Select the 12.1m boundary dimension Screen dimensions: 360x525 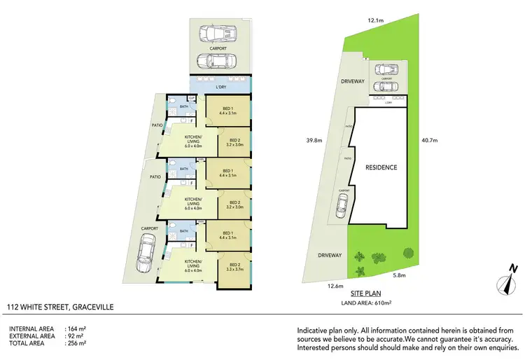point(375,20)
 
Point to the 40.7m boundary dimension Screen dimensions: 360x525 point(428,140)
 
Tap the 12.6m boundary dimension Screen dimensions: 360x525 point(334,286)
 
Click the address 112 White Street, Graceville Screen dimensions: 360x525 point(59,307)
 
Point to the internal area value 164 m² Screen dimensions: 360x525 point(76,328)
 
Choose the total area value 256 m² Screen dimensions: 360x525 point(76,344)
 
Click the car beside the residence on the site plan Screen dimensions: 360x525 point(342,205)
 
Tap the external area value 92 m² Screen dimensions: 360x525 point(74,335)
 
